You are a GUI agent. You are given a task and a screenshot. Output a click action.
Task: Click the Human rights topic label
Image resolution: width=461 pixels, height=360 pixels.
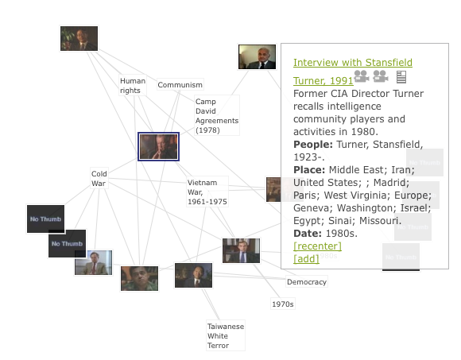[133, 86]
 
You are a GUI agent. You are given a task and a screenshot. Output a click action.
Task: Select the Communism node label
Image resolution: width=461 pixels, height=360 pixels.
[180, 85]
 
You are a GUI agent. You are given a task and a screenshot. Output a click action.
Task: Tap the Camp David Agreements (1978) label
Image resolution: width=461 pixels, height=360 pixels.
[217, 115]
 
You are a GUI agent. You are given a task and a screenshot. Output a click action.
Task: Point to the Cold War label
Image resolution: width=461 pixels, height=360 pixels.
[99, 178]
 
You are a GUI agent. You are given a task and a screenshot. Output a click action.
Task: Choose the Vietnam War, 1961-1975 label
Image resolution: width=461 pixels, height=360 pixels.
[207, 192]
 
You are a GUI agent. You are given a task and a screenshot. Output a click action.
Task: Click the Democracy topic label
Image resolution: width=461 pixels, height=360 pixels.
[307, 282]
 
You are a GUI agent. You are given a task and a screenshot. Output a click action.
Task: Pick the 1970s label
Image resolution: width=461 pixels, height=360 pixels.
[282, 304]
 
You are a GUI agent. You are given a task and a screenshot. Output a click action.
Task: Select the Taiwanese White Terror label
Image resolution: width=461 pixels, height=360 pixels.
[226, 335]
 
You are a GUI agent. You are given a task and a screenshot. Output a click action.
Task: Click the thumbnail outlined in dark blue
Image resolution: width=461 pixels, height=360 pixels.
[158, 147]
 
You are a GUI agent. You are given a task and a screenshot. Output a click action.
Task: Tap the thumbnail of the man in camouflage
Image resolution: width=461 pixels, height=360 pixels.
[139, 278]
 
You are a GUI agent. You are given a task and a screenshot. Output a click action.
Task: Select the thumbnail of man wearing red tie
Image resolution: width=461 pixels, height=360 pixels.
[94, 262]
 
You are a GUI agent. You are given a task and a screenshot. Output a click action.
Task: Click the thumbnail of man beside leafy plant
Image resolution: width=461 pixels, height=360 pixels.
[79, 38]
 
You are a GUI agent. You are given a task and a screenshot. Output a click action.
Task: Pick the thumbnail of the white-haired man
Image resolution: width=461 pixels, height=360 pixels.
[258, 56]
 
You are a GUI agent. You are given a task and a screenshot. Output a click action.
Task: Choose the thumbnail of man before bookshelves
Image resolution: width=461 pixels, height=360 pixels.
[241, 250]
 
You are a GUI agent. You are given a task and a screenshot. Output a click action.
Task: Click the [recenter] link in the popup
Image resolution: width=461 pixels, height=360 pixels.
[317, 246]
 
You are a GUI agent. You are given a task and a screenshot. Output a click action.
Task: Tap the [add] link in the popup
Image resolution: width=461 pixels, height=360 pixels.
[306, 258]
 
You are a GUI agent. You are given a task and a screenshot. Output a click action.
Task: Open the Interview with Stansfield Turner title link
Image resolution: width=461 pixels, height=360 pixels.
[353, 72]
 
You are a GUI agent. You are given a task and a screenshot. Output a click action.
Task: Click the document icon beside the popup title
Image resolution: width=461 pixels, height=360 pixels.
[401, 77]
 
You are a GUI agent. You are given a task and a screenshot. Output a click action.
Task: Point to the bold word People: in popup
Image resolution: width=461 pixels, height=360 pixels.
[313, 145]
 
